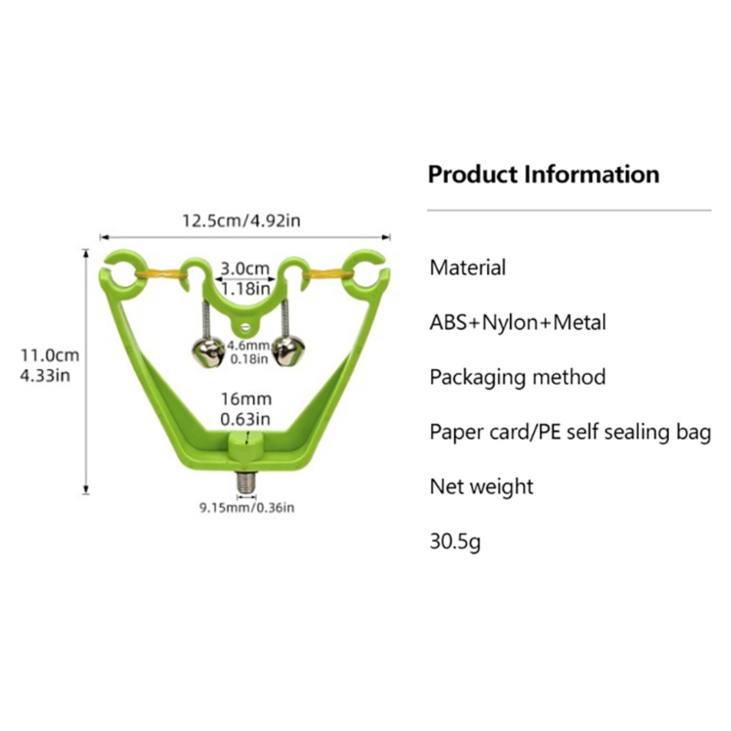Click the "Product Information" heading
click(544, 175)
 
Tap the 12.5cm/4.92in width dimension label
click(241, 221)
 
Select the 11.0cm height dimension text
click(49, 355)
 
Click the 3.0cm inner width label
click(245, 268)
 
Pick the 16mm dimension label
click(246, 399)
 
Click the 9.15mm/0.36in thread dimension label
click(247, 508)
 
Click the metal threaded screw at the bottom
click(246, 482)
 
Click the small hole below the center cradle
click(247, 326)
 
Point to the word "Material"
click(467, 268)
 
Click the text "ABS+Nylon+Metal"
click(518, 323)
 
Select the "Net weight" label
click(482, 487)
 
